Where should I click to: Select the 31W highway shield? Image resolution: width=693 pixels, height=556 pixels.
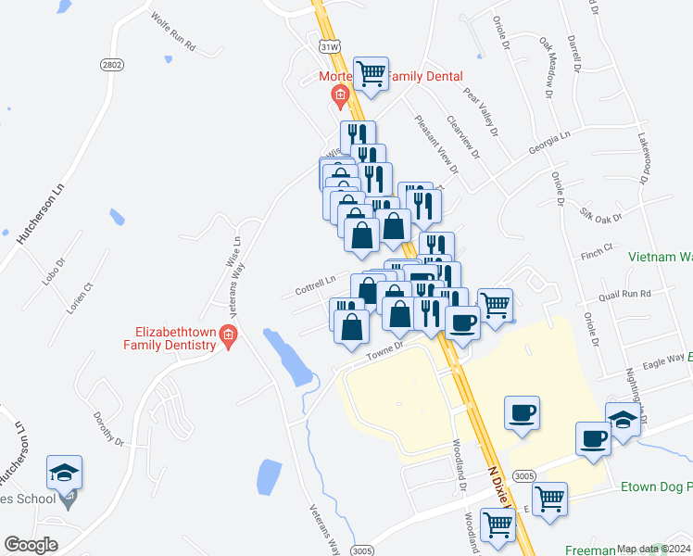click(x=329, y=45)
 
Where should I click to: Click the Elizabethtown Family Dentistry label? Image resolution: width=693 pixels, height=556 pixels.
click(x=176, y=336)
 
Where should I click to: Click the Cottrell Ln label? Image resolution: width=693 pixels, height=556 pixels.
click(x=315, y=284)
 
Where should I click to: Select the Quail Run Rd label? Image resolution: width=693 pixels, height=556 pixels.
click(x=624, y=293)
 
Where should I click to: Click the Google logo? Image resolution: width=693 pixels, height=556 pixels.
click(x=31, y=545)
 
